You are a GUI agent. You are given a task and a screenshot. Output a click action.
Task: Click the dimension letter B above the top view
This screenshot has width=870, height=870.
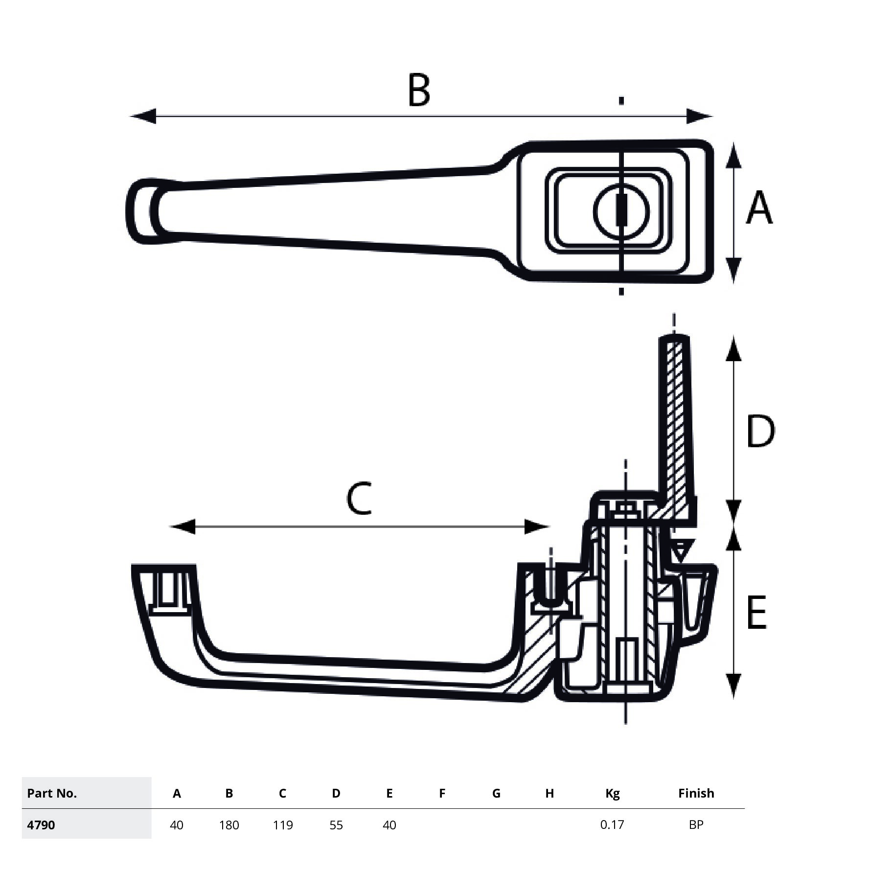pos(419,91)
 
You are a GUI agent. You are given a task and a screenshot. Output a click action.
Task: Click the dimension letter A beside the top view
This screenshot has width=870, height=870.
pos(759,208)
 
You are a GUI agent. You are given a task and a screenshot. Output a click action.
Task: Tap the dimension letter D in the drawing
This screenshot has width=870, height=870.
pos(760,431)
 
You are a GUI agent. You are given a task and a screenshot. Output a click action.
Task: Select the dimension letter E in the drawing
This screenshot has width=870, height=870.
pos(756,613)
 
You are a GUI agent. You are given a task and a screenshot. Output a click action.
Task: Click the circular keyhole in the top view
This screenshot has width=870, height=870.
pos(621,211)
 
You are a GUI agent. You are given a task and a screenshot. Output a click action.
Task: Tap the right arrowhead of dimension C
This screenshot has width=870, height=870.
pos(537,527)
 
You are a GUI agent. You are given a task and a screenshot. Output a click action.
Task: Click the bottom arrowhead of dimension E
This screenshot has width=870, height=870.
pos(733,685)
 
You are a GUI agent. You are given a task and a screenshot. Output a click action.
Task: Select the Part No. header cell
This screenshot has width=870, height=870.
pos(52,793)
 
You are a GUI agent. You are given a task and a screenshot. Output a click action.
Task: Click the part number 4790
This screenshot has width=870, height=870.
pos(41,825)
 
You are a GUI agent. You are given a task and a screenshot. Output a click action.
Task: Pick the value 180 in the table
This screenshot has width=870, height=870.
pos(229,825)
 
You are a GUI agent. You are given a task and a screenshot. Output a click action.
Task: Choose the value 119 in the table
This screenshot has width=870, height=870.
pos(283,825)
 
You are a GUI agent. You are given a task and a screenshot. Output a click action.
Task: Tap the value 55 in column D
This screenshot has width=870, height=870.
pos(336,825)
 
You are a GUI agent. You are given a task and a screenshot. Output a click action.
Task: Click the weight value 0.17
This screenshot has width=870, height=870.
pos(612,824)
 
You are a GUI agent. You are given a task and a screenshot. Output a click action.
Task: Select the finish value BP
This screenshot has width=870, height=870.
pos(696,824)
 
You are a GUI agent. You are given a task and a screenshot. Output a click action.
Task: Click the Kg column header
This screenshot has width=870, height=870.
pos(612,794)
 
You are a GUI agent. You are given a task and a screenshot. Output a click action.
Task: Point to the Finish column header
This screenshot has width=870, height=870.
pos(696,793)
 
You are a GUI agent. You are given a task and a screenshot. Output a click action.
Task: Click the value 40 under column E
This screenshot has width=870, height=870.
pos(389,825)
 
